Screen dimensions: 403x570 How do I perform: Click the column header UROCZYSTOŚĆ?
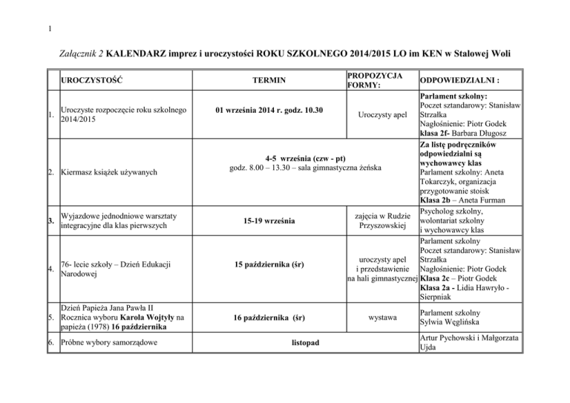[93, 79]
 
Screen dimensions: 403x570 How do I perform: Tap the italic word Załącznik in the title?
[76, 55]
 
